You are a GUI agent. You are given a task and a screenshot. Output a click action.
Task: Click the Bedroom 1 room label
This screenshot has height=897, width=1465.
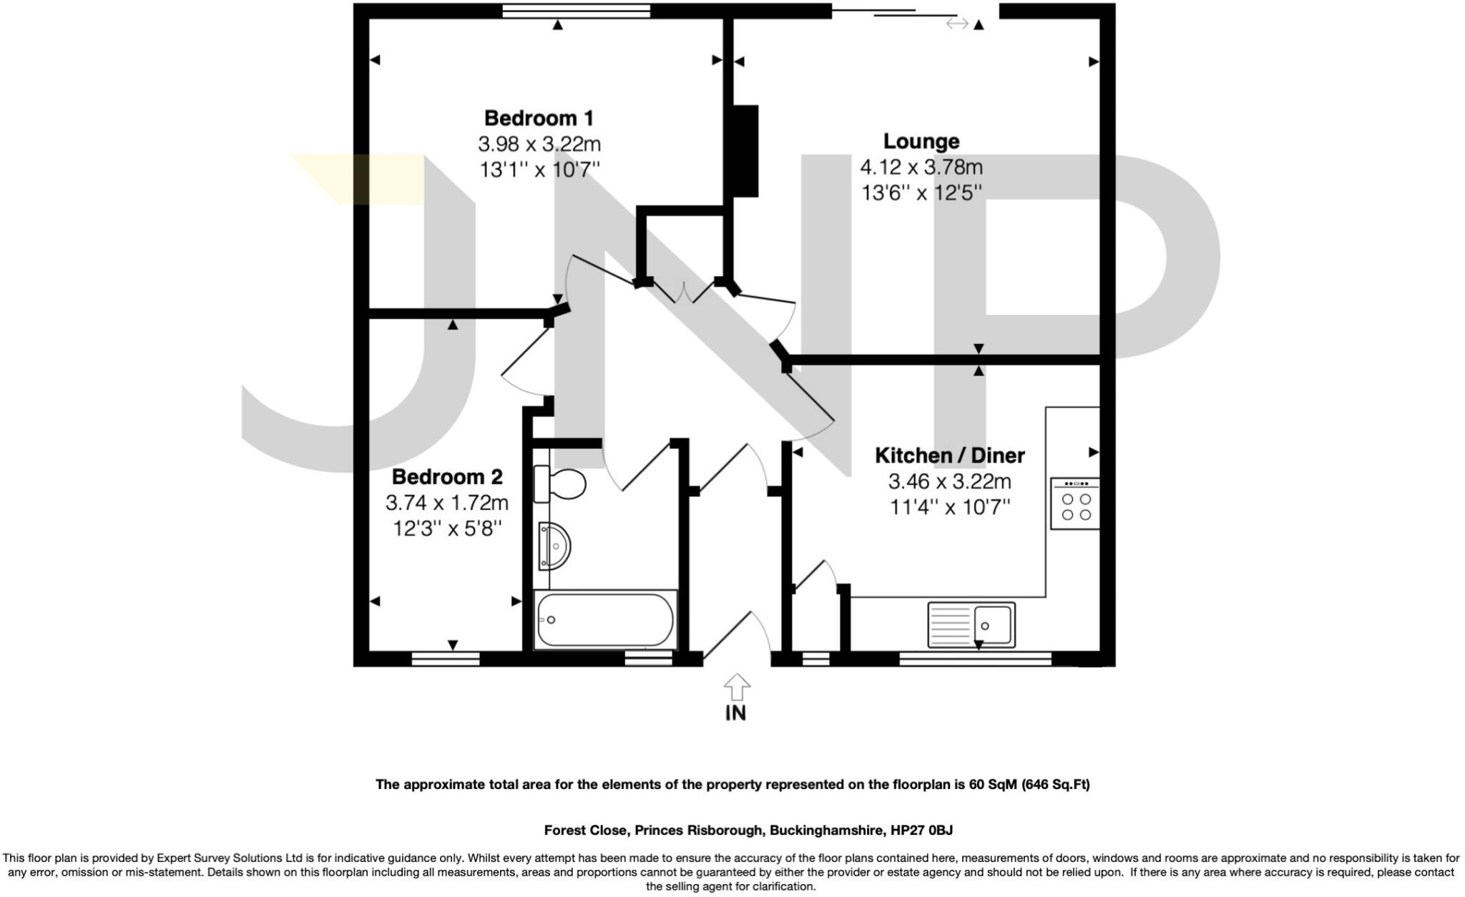point(539,118)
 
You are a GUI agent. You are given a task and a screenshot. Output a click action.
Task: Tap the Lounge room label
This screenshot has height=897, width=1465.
point(921,142)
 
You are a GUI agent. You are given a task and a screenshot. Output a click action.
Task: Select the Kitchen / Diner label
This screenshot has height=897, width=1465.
point(949,456)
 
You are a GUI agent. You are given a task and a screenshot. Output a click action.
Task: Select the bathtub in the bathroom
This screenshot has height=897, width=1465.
point(604,619)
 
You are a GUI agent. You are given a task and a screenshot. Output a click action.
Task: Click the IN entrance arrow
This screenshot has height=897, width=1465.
point(736,687)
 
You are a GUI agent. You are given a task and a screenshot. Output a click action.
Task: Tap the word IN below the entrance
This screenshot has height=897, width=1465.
point(735,713)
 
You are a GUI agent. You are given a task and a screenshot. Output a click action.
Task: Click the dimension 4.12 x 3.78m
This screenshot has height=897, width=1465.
point(921,167)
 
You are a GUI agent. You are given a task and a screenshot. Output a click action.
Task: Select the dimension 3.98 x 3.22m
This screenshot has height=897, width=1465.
point(539,144)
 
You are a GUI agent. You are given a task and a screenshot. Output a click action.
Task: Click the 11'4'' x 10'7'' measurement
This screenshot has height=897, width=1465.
point(949,507)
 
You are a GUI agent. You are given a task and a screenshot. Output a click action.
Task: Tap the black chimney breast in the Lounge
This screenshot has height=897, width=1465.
point(745,151)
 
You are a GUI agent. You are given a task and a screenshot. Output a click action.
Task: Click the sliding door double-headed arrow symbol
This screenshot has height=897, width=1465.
point(956,24)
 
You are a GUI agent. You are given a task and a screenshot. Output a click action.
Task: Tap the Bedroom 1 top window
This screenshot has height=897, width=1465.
point(576,11)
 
